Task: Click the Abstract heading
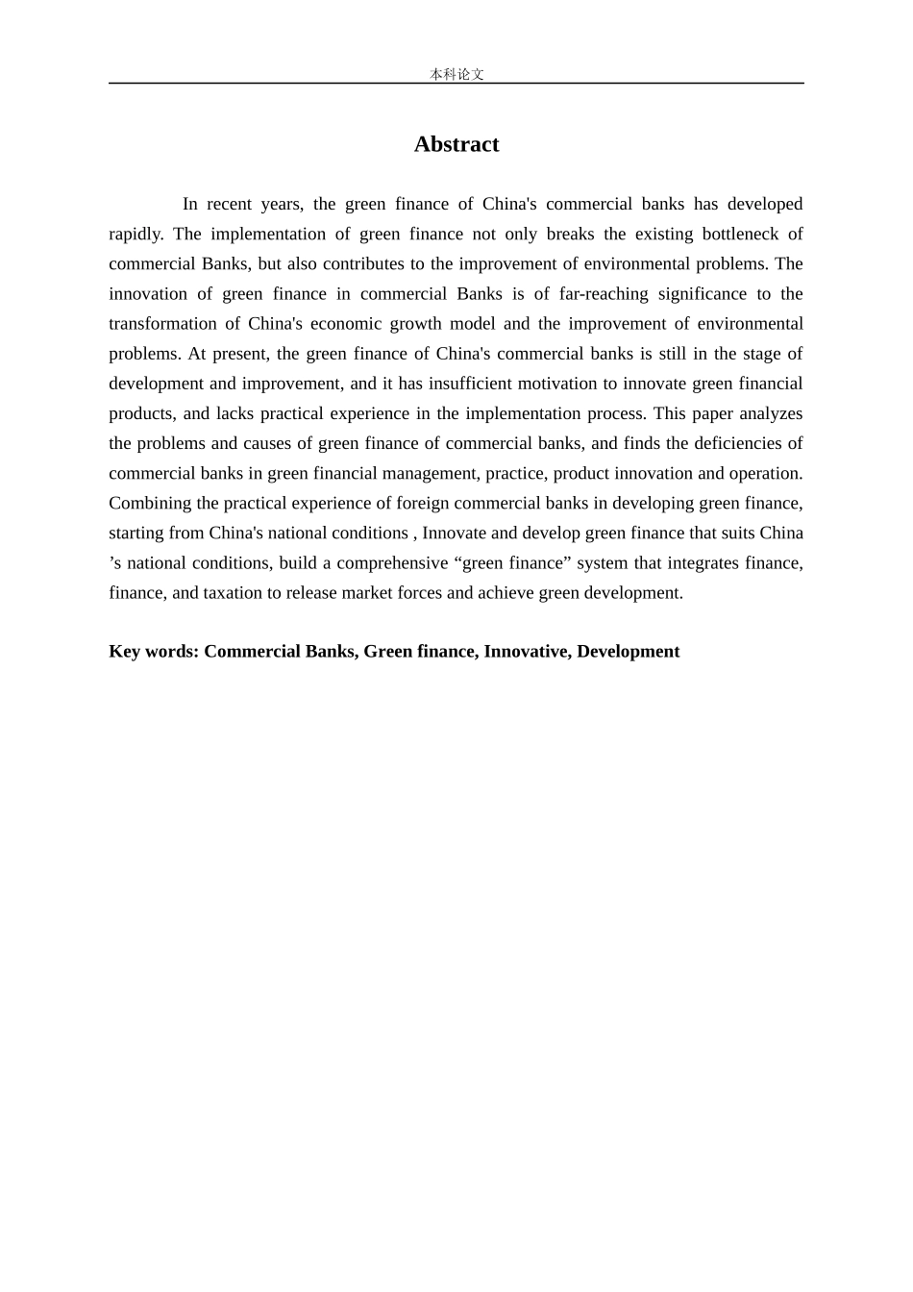(x=456, y=144)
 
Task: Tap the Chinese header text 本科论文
(x=456, y=74)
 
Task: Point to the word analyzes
(x=771, y=413)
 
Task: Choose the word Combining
(x=150, y=503)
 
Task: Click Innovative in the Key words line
(x=526, y=651)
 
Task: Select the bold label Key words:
(x=154, y=651)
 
